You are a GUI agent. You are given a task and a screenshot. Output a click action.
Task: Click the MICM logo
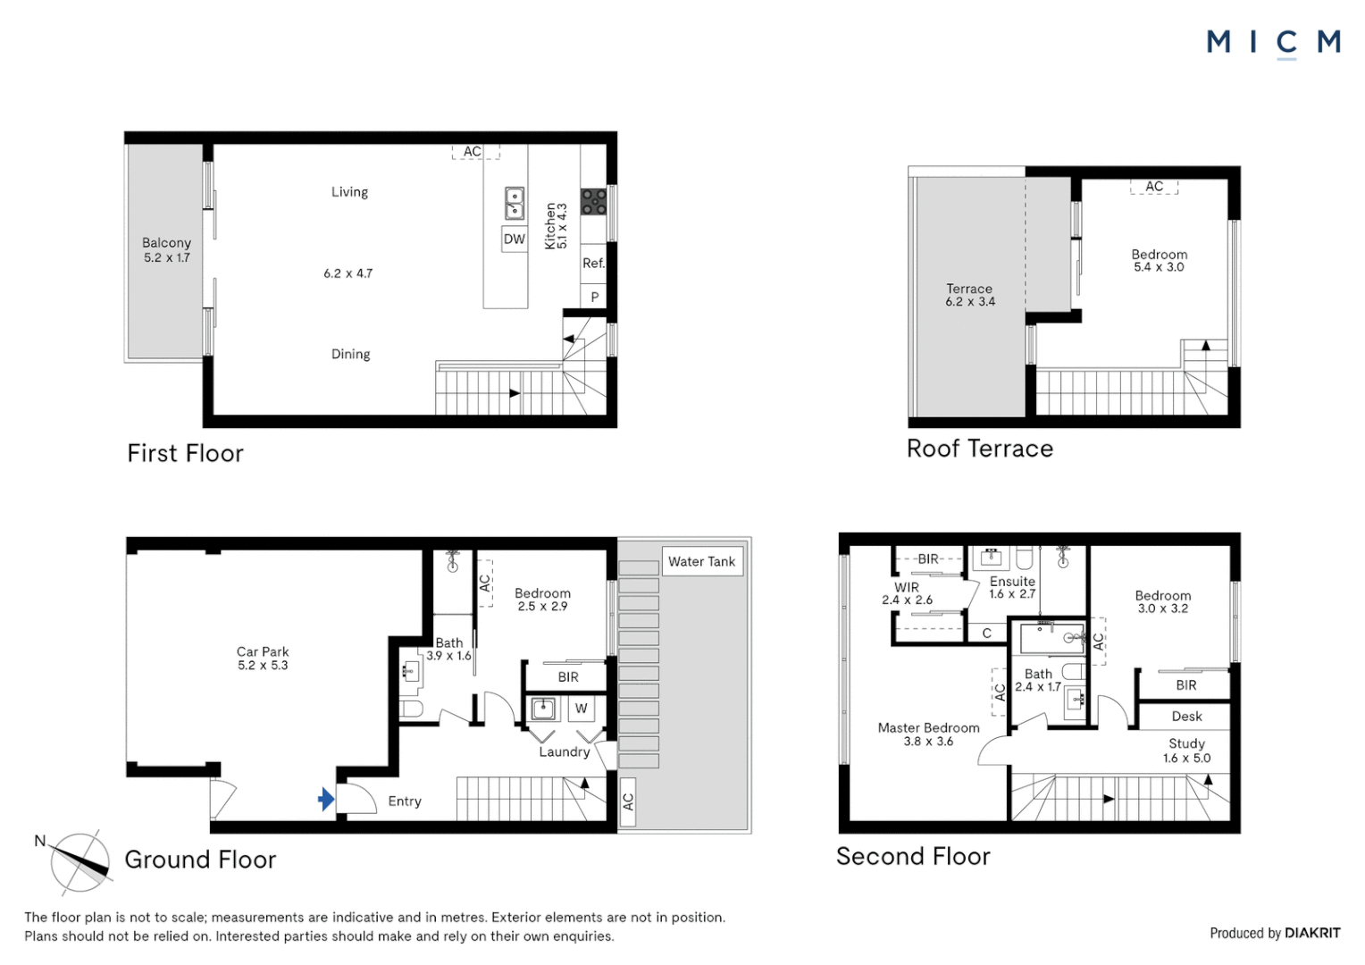point(1274,43)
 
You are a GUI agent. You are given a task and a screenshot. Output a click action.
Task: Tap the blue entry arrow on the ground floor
point(327,799)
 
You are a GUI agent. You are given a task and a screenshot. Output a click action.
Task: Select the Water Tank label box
point(702,561)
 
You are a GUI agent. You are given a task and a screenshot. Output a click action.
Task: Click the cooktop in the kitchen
point(593,202)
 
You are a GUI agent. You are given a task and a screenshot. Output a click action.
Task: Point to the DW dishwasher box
point(515,239)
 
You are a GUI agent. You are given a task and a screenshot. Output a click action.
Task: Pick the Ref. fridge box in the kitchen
point(593,264)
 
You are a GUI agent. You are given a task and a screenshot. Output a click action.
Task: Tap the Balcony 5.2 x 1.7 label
point(166,250)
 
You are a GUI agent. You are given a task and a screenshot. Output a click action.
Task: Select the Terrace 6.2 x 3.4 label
point(969,295)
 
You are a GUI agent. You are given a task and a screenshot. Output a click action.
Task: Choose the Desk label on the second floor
point(1186,717)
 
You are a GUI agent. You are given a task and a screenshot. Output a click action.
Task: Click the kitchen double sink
point(515,203)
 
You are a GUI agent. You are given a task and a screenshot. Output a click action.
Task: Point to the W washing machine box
point(581,709)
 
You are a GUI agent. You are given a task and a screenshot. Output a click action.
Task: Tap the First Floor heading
point(185,454)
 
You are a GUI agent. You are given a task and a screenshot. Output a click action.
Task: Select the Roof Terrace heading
point(980,449)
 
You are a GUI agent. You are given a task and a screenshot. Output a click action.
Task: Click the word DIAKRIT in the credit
point(1312,933)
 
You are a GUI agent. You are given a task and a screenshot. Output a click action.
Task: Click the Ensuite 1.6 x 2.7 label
point(1012,587)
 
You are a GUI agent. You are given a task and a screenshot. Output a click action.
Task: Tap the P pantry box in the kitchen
point(594,297)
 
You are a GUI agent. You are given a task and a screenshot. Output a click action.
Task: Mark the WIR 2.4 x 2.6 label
point(907,593)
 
